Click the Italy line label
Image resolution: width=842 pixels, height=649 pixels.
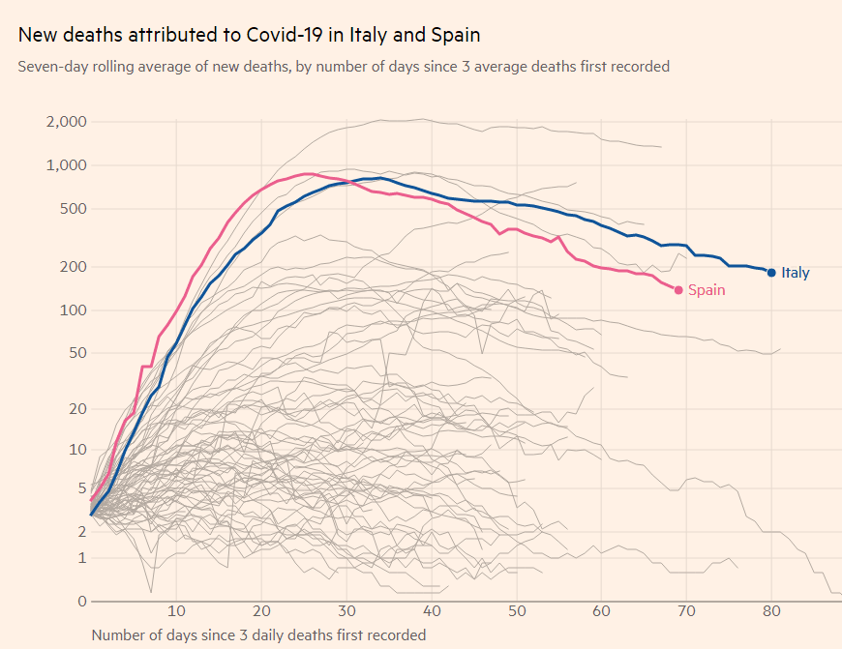point(795,273)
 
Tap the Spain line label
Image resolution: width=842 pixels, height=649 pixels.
point(707,290)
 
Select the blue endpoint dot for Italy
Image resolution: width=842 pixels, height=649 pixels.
point(771,273)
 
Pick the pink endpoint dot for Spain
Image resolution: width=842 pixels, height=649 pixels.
point(678,290)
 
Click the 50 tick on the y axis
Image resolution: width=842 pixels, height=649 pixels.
point(78,353)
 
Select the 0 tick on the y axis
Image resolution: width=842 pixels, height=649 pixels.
point(82,602)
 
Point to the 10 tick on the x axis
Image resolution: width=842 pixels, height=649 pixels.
point(176,611)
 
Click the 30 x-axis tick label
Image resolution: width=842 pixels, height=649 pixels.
point(346,611)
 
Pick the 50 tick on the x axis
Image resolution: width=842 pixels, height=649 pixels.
point(517,611)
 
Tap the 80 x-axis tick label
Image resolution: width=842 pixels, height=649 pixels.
point(772,611)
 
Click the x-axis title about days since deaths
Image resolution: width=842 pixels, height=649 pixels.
point(258,635)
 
